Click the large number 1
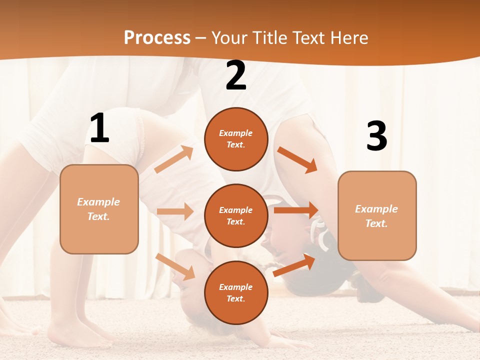[x=99, y=128]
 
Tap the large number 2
[x=236, y=75]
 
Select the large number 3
[x=376, y=136]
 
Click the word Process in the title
[x=157, y=37]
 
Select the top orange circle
[x=236, y=139]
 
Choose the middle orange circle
[x=236, y=215]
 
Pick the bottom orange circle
[x=236, y=292]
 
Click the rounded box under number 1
[x=99, y=209]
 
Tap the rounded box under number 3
[x=377, y=215]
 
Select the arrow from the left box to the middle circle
[x=175, y=211]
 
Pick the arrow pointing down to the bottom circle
[x=175, y=266]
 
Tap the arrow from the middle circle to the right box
[x=296, y=210]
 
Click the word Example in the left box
[x=98, y=202]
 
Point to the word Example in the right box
[x=376, y=209]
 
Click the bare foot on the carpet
[x=70, y=335]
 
